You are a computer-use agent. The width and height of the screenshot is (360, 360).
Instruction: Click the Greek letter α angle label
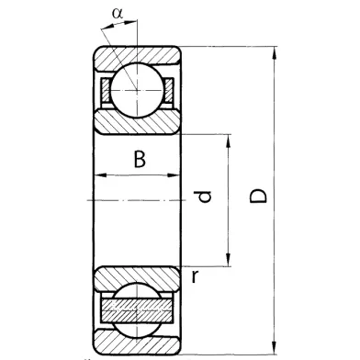(x=118, y=14)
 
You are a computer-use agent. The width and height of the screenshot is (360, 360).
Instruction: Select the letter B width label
(x=140, y=159)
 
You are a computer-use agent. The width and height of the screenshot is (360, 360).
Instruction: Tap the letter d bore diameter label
(x=203, y=197)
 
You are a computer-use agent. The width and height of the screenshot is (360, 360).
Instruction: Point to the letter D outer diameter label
(x=258, y=197)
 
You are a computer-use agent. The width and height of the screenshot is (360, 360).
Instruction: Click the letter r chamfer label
(x=195, y=276)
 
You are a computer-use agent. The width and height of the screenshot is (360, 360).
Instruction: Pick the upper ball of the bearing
(x=137, y=90)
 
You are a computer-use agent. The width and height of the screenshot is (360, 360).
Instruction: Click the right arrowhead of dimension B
(x=173, y=175)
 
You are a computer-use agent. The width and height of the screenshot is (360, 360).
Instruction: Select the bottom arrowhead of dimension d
(x=228, y=260)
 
